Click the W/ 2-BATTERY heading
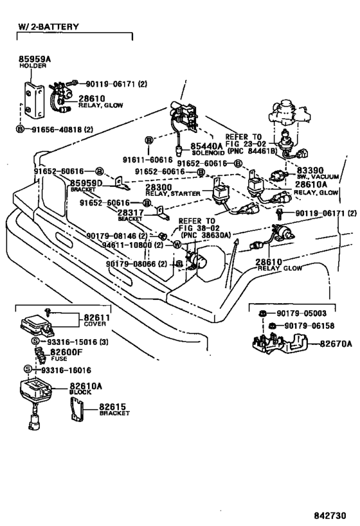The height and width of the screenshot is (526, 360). coord(49,26)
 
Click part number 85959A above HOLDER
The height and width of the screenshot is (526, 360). coord(35,59)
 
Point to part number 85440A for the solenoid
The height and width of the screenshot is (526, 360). coord(206,146)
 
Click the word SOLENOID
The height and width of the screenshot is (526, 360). coord(208,153)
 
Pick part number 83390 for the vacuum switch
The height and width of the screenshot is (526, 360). coord(310,170)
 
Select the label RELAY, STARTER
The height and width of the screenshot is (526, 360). coord(173,193)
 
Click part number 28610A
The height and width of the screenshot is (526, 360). coord(311,184)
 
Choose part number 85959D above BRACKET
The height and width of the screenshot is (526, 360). coord(86,183)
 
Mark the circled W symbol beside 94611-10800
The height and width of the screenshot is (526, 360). coord(177,245)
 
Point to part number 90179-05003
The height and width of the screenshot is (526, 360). coord(301,313)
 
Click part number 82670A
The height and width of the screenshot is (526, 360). coord(336,344)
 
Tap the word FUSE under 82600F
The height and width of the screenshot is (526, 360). coord(59,358)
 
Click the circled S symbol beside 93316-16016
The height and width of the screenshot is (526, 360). coord(28,369)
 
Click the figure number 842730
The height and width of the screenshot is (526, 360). coord(330,516)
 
